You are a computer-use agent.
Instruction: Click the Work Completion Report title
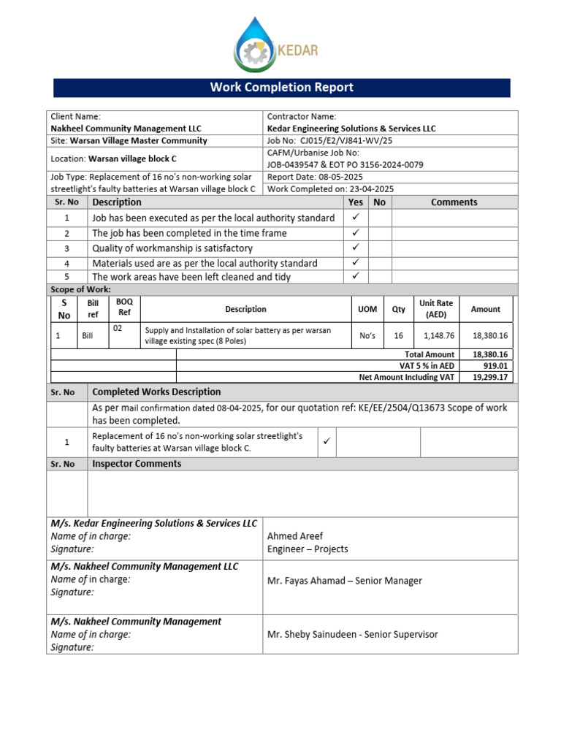pos(281,88)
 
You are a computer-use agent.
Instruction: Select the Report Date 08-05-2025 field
pos(315,177)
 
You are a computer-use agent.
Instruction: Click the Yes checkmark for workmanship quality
pos(356,248)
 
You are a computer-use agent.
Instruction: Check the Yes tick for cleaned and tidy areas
pos(356,276)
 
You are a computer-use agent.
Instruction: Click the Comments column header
pos(454,202)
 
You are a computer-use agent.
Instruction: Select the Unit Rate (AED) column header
pos(436,309)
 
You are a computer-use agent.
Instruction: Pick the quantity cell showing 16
pos(398,335)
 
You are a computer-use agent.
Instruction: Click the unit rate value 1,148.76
pos(439,335)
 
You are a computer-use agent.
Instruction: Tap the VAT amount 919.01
pos(494,366)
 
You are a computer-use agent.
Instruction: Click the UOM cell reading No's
pos(367,335)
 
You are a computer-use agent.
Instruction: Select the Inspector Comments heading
pos(137,464)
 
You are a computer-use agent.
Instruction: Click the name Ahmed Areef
pos(295,536)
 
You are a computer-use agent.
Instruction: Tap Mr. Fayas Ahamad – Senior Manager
pos(344,581)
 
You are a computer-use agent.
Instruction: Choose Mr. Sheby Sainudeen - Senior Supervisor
pos(352,634)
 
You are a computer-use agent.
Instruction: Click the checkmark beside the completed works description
pos(327,441)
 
